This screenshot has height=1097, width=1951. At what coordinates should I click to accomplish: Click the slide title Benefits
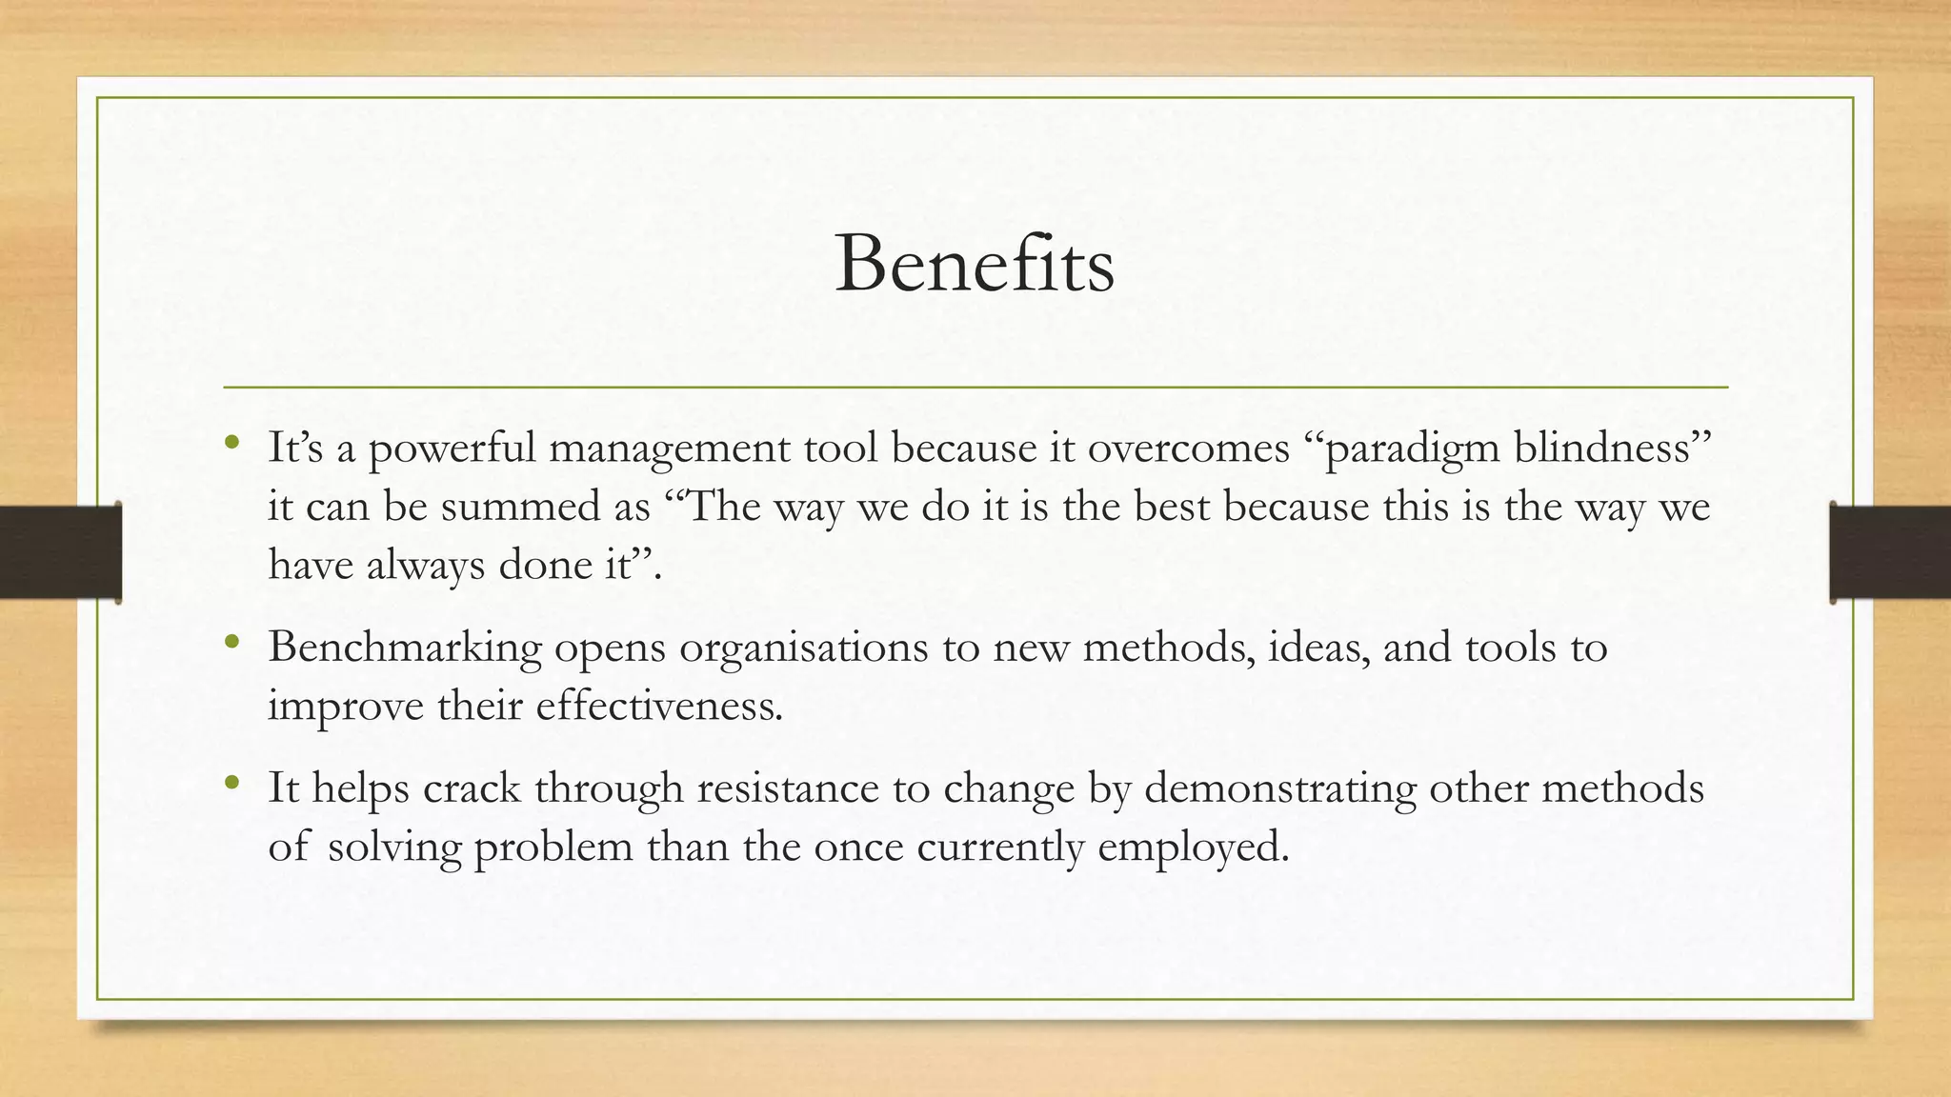point(974,264)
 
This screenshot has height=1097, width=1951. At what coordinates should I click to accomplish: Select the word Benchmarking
point(405,648)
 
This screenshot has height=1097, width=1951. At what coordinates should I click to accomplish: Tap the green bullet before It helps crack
point(232,784)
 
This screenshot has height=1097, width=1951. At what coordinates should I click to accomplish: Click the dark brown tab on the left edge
point(60,552)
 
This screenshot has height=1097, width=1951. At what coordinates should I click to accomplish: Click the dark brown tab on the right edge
point(1890,552)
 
